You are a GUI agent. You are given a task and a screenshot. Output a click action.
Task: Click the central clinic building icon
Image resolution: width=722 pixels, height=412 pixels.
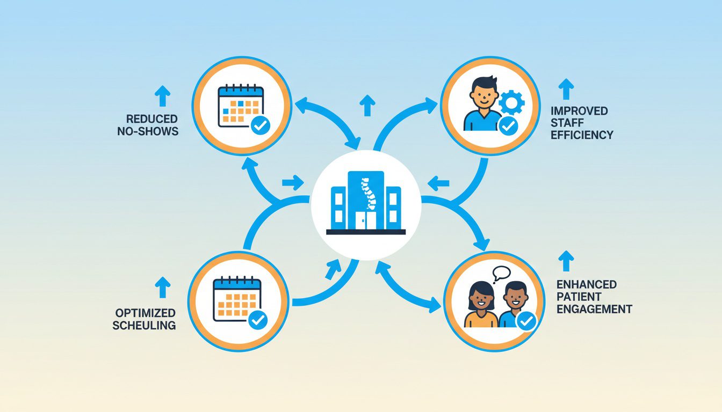coord(365,203)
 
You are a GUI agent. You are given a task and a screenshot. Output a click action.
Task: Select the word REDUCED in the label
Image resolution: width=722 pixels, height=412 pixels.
coord(152,119)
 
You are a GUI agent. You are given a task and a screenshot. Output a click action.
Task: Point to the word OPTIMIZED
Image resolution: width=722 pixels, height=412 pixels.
coord(145,313)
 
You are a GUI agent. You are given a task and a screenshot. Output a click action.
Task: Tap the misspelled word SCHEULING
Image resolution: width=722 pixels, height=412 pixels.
coord(145,325)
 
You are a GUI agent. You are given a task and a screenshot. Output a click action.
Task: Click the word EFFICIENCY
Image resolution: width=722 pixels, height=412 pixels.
coord(582,135)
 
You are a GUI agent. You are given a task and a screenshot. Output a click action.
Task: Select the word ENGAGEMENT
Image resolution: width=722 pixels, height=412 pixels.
coord(594,309)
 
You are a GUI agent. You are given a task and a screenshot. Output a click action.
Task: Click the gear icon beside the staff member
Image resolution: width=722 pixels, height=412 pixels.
coord(510,101)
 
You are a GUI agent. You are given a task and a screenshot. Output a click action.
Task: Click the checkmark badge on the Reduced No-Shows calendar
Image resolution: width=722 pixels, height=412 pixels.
coord(261,126)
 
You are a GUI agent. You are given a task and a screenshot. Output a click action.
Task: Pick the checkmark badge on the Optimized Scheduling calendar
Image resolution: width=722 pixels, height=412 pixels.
coord(258,320)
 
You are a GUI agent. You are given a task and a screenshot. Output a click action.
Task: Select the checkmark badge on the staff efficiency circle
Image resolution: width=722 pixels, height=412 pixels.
coord(508,126)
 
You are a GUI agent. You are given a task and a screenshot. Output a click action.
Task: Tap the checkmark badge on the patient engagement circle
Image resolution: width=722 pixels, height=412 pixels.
coord(526,321)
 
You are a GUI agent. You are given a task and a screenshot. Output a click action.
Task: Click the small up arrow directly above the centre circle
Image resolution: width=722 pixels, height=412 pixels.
coord(367,105)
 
